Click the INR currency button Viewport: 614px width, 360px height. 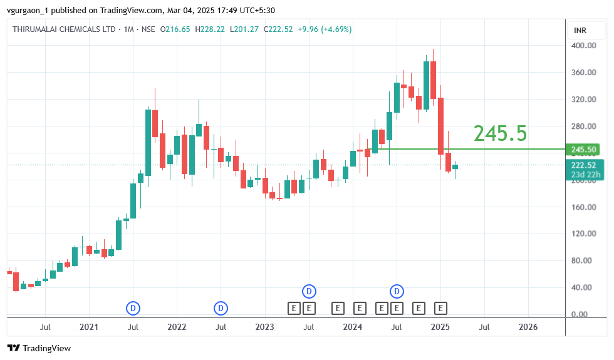[580, 30]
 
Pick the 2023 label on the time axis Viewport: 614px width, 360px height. [264, 327]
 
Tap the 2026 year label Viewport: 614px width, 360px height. [528, 327]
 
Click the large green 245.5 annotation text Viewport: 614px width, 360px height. [500, 133]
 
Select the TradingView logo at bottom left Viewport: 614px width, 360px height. [39, 348]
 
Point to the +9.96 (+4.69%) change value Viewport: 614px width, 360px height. [325, 29]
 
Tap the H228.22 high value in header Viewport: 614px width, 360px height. [211, 29]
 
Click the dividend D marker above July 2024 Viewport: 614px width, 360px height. [397, 291]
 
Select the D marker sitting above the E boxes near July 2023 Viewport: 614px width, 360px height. [309, 291]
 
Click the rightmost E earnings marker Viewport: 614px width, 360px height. [441, 308]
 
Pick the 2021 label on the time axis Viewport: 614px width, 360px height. [89, 327]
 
